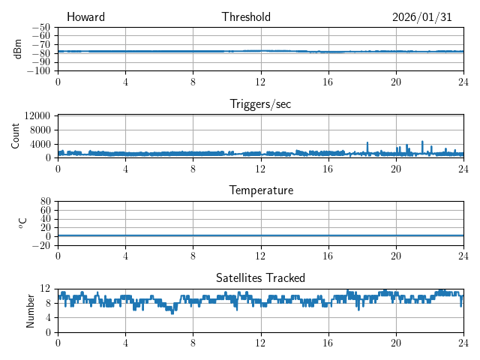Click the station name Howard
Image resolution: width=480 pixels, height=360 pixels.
coord(85,17)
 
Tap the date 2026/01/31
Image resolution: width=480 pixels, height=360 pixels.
coord(421,17)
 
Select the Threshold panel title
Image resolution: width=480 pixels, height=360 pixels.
coord(246,17)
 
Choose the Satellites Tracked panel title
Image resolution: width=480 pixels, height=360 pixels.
coord(260,277)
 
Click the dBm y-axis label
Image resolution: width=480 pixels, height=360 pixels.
coord(18,49)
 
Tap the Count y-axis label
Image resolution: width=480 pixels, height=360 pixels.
coord(15,136)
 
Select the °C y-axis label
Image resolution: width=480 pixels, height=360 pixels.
coord(22,223)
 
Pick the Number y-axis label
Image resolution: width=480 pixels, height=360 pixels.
coord(30,310)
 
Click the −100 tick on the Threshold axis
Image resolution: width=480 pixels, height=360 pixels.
coord(40,71)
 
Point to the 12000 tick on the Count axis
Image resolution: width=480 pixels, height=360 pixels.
coord(37,115)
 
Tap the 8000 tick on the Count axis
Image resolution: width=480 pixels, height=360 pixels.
coord(40,130)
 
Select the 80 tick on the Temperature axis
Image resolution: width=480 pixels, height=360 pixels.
coord(46,202)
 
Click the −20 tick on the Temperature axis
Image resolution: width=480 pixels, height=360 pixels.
coord(42,245)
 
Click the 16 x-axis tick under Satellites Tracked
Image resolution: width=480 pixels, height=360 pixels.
coord(328,342)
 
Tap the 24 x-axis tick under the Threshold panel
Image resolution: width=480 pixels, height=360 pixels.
coord(463,82)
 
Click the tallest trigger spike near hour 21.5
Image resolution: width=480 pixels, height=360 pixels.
coord(422,142)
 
